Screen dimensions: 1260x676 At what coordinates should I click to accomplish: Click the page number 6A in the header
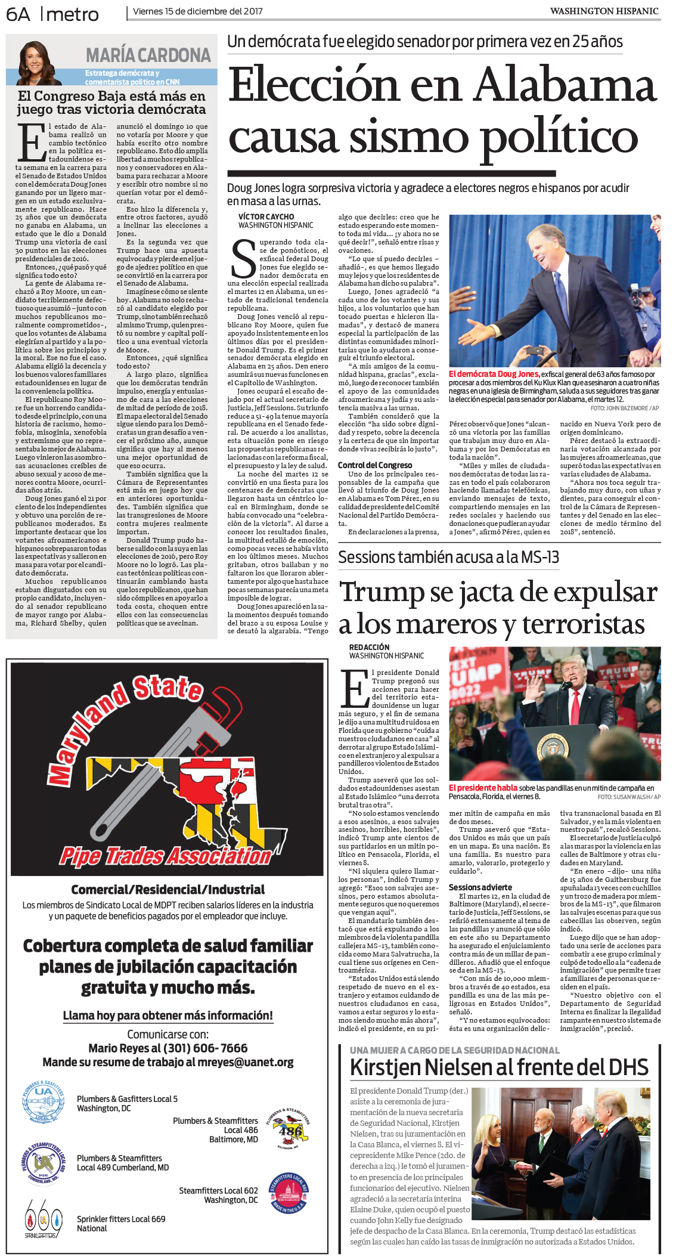tap(18, 14)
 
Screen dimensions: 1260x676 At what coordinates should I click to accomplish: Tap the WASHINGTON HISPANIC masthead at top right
tap(604, 11)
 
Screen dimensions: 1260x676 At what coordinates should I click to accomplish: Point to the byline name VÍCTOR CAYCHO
tap(266, 216)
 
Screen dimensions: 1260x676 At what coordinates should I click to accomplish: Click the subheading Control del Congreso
tap(374, 465)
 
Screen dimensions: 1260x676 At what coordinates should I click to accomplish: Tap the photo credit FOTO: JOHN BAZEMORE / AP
tap(624, 408)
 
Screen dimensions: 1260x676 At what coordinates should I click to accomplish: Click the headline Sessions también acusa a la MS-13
tap(448, 557)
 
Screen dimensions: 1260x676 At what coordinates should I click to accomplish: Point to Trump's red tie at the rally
tap(576, 707)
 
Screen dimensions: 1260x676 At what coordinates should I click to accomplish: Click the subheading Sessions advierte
tap(480, 887)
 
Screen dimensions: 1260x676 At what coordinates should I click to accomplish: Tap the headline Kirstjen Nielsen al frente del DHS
tap(499, 1067)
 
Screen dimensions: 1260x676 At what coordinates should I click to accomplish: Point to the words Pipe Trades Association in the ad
tap(165, 856)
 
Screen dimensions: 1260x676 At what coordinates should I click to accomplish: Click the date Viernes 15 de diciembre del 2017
tap(197, 11)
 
